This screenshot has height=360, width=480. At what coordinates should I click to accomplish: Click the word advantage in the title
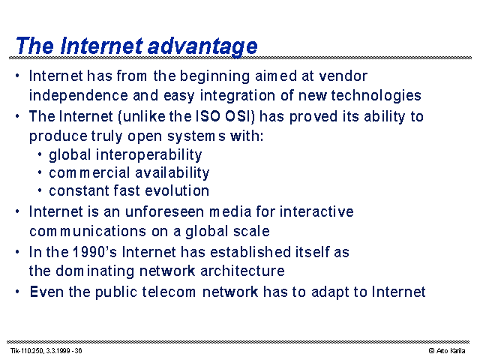point(202,46)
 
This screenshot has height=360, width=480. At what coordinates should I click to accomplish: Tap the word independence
point(78,95)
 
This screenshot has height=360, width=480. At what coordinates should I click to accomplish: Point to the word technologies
point(376,96)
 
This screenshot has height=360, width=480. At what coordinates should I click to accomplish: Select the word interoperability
point(149,155)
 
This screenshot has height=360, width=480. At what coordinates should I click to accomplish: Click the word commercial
point(90,173)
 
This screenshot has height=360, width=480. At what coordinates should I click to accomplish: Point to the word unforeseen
point(165,211)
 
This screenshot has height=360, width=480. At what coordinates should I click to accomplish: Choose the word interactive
point(316,211)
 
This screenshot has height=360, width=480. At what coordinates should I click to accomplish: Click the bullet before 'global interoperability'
point(40,154)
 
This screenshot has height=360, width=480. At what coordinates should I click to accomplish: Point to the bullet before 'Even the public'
point(17,292)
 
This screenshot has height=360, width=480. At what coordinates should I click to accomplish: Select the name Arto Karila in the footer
point(451,351)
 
